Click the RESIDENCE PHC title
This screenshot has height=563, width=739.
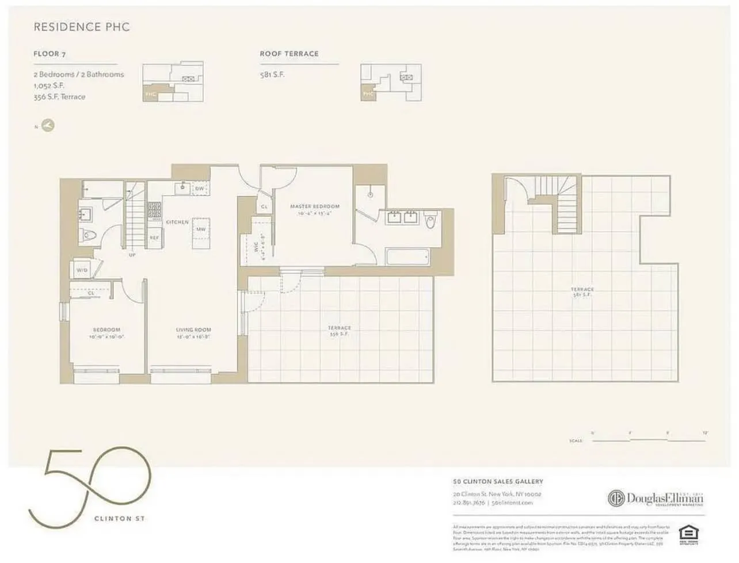point(81,27)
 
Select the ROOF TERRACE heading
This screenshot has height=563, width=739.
point(289,54)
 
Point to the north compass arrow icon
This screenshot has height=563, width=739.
point(47,126)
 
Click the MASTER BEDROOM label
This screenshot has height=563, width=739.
point(314,206)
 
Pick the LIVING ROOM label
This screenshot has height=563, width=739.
point(193,330)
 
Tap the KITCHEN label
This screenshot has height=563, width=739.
point(177,222)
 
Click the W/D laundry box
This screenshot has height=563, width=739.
point(82,270)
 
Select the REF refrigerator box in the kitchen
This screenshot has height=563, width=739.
point(154,237)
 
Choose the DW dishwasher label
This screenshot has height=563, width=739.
point(200,189)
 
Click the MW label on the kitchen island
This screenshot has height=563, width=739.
point(201,229)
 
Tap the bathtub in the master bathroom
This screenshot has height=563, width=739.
point(407,256)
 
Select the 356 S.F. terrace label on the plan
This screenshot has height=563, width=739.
point(340,331)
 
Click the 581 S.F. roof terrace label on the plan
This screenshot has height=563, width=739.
point(582,292)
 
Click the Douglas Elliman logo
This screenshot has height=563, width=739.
point(656,498)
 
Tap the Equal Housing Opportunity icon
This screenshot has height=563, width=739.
point(686,533)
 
